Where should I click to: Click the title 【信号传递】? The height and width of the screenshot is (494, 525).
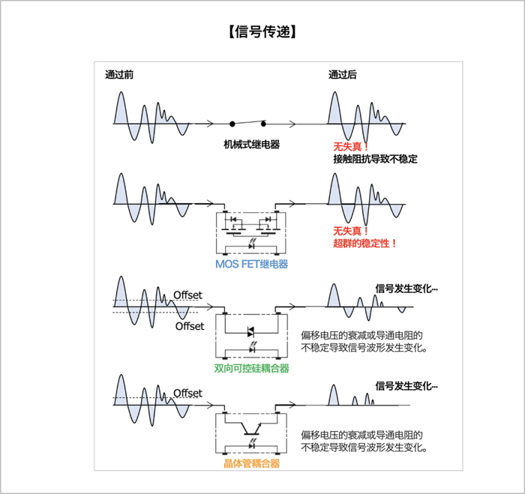(262, 32)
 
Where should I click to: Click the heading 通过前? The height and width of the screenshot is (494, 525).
(119, 74)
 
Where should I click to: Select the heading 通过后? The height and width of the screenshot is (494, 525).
(342, 74)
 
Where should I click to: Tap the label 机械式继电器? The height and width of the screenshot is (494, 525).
(251, 144)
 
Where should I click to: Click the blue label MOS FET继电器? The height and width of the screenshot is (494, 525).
(251, 264)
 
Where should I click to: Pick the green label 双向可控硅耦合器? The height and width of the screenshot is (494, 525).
(251, 368)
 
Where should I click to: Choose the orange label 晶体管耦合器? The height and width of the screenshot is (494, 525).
(251, 464)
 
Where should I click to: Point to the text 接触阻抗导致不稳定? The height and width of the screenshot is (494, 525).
(375, 159)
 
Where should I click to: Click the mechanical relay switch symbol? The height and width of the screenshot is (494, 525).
(249, 123)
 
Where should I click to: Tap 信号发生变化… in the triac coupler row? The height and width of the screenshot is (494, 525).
(406, 288)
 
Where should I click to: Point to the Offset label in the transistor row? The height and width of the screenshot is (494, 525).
(187, 393)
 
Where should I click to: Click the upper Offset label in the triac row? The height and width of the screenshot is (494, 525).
(187, 295)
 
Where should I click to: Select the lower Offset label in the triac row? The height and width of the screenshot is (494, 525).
(189, 326)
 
